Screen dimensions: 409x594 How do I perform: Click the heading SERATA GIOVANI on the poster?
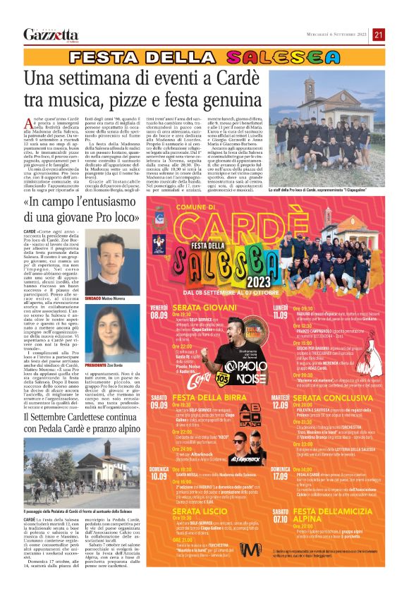click(x=205, y=308)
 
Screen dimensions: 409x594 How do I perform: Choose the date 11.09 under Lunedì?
click(x=281, y=315)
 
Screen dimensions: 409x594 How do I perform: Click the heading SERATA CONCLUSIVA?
click(x=332, y=399)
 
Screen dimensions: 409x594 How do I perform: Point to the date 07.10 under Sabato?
click(x=281, y=516)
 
